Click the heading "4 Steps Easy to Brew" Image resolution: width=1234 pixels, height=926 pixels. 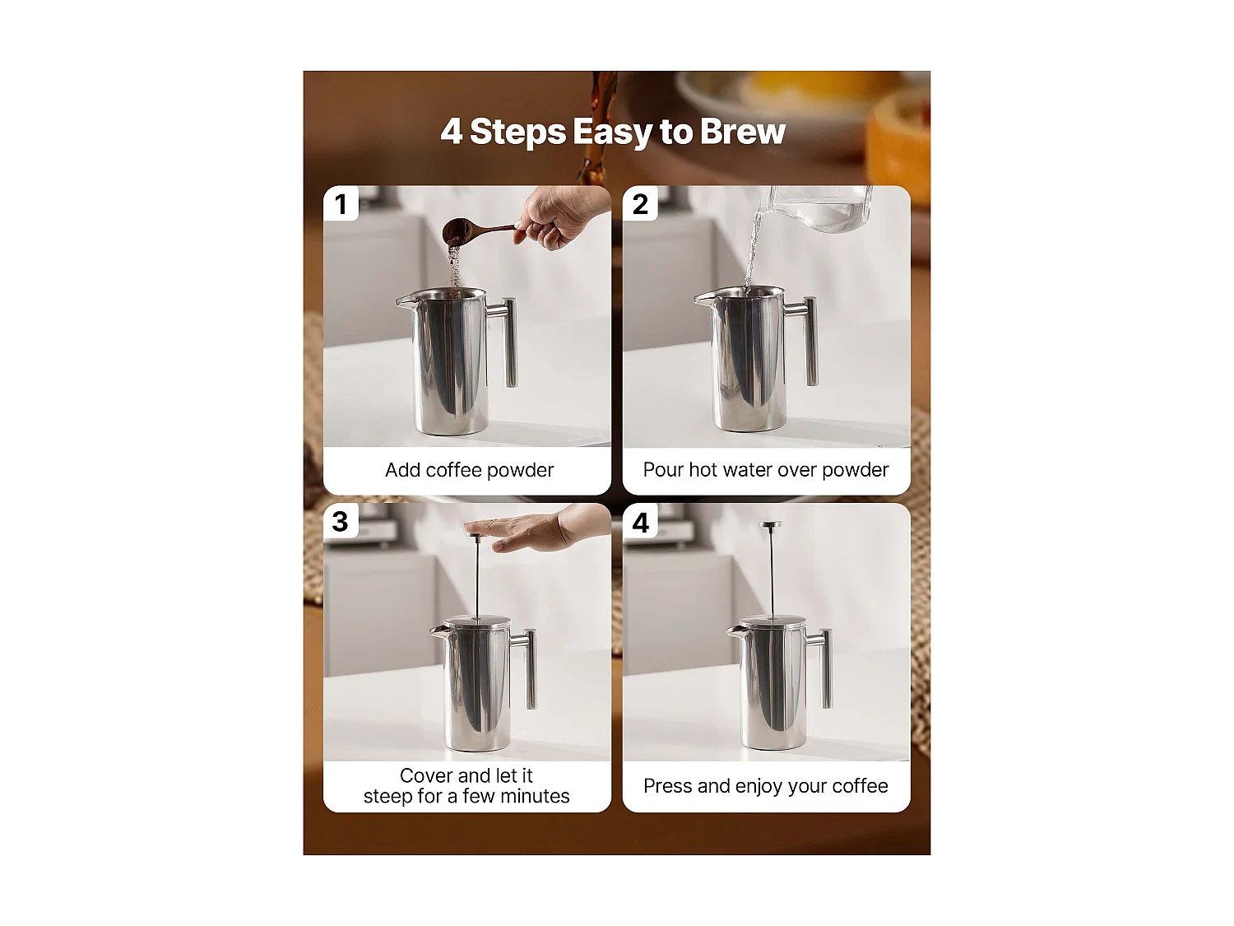click(x=613, y=132)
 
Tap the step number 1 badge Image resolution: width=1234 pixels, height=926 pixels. click(x=341, y=204)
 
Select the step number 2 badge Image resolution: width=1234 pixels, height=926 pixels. click(x=640, y=204)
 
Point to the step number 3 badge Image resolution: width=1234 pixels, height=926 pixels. click(x=341, y=522)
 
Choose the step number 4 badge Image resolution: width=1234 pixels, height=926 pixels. click(x=640, y=522)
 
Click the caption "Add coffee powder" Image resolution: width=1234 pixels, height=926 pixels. click(x=469, y=470)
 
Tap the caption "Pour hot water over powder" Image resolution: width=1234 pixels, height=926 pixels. click(x=766, y=470)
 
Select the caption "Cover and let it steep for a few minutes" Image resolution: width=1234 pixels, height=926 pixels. click(x=466, y=786)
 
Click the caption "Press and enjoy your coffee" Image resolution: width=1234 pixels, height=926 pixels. click(x=766, y=786)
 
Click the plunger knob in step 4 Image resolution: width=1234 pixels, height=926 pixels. click(x=771, y=526)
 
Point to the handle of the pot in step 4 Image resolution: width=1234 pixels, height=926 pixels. click(x=823, y=667)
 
